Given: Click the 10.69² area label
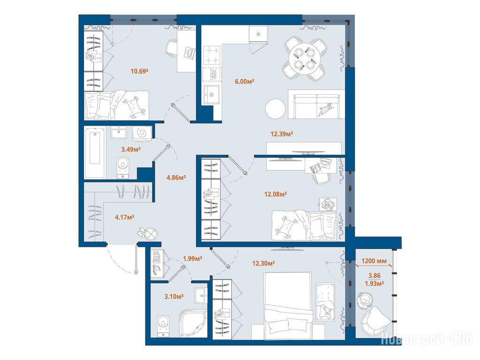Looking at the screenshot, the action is point(139,71).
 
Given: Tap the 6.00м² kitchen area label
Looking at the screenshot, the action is point(244,82).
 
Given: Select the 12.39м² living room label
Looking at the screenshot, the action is point(282,134).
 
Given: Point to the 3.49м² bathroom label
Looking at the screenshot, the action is point(131,149).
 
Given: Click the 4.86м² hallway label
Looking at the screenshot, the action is point(176,177).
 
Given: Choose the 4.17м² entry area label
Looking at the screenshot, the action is point(124,217).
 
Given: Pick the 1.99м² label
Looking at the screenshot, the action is point(192,259).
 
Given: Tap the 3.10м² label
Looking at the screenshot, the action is point(174,296).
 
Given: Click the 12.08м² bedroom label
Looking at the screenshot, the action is point(275,194).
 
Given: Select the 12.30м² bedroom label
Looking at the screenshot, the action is point(263,263).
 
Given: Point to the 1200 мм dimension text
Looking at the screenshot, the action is point(374,261).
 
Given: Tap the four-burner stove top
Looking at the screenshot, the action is point(212,55).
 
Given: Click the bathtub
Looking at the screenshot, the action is point(95,153).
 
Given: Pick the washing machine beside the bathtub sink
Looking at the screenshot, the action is point(142,133).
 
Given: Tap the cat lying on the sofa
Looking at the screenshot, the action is point(325,110).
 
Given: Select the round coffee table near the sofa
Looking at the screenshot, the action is point(275,109).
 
